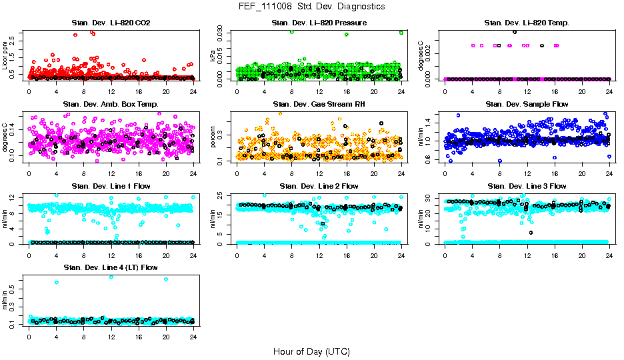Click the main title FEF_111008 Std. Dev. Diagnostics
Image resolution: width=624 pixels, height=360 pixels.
coord(311,7)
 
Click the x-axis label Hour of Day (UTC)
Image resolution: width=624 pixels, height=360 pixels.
coord(311,351)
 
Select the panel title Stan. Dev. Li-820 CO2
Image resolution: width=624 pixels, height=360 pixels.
coord(111,23)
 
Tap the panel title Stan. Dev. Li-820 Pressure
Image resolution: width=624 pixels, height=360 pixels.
coord(319,23)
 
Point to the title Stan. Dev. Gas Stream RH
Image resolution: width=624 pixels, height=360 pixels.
coord(319,105)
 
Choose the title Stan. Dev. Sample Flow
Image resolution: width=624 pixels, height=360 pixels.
coord(527,105)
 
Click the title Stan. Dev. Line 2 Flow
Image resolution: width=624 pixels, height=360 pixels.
coord(319,186)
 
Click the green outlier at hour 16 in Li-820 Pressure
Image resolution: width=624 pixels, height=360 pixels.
coord(347,35)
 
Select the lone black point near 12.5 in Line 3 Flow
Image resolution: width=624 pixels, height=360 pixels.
coord(531,233)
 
